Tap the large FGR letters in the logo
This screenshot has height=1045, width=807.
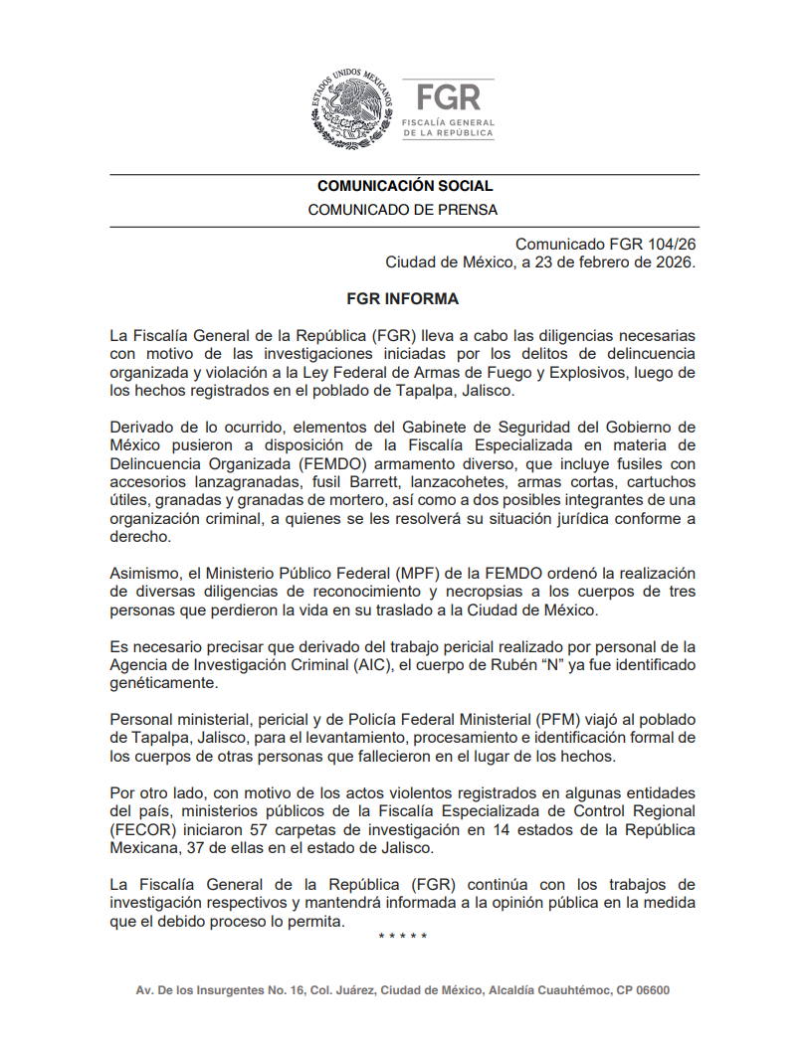(448, 96)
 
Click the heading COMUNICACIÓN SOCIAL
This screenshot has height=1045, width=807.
(404, 186)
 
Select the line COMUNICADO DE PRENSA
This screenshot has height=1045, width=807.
(403, 210)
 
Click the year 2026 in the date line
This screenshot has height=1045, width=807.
(672, 262)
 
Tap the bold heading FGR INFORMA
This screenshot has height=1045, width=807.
(403, 298)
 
